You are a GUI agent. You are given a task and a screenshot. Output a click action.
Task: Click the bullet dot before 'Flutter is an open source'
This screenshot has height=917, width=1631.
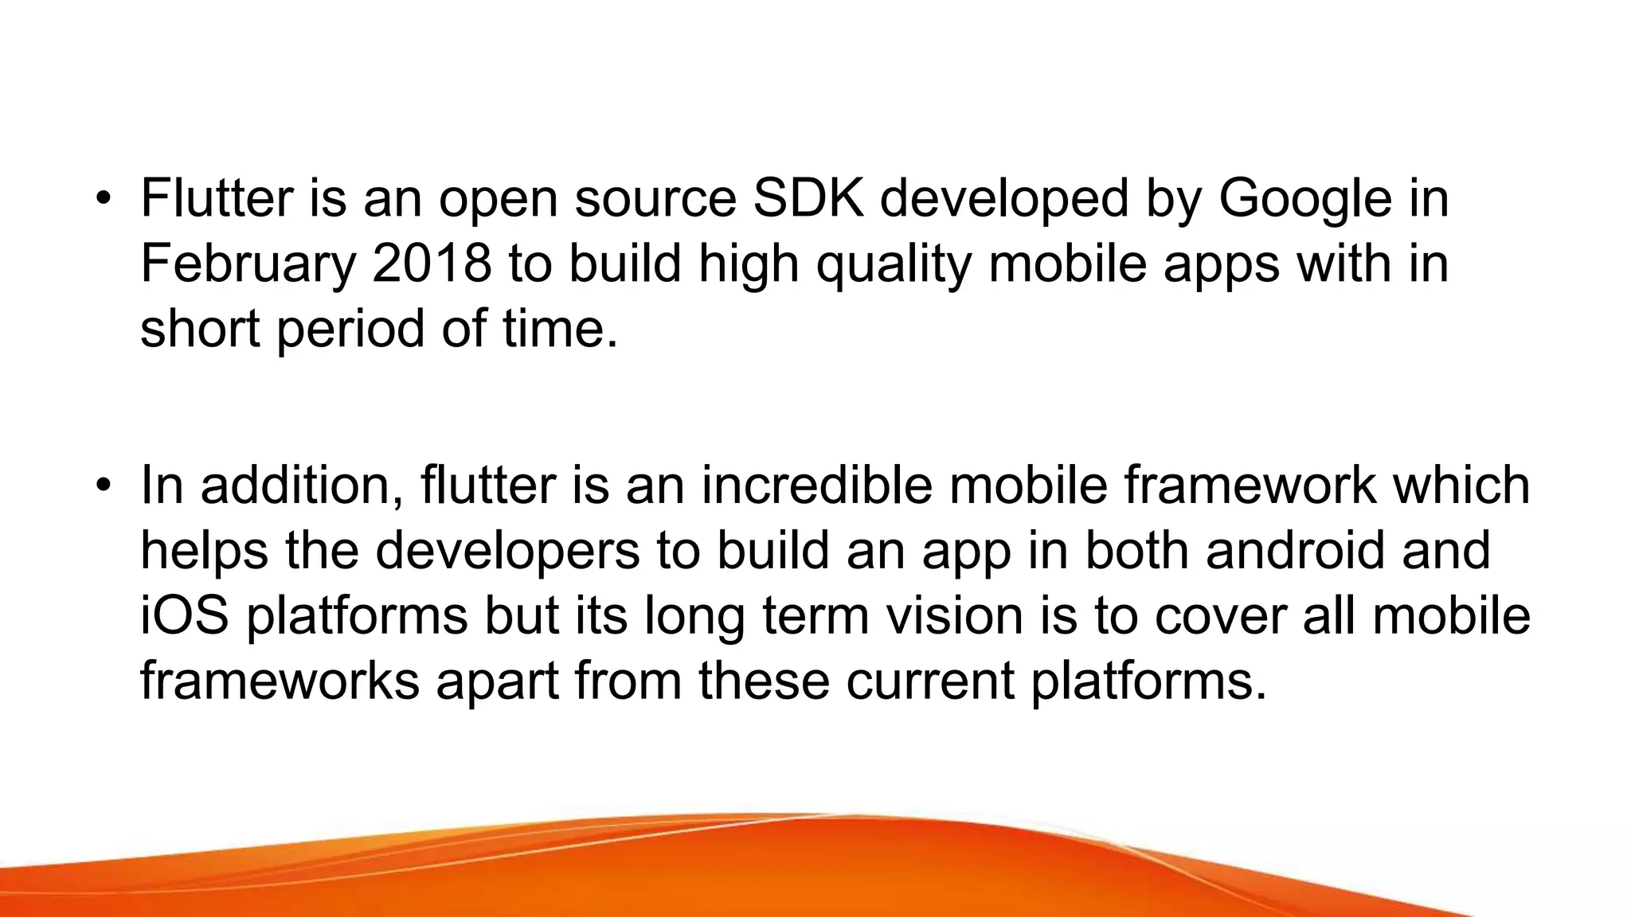coord(102,199)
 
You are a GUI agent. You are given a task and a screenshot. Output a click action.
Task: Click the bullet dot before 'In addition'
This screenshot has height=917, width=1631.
coord(102,486)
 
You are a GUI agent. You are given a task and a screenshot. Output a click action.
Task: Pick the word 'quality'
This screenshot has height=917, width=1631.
coord(894,264)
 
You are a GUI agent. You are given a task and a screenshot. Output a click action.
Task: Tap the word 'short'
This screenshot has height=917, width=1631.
coord(200,328)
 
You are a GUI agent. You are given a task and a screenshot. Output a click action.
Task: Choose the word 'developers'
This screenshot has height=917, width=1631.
coord(507,551)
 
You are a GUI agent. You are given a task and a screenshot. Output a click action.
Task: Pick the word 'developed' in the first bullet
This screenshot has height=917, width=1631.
coord(1004,199)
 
